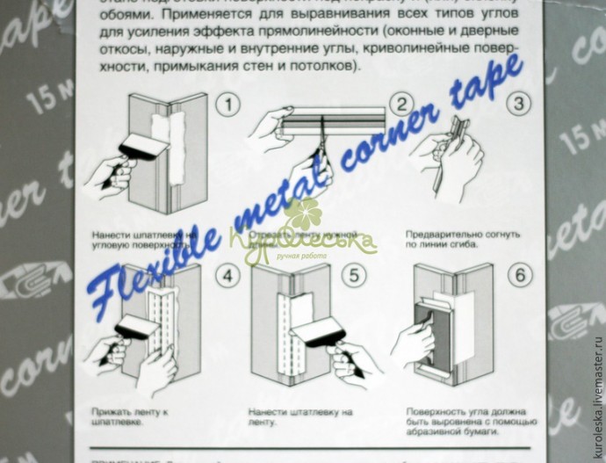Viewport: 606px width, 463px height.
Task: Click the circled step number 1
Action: [x=229, y=105]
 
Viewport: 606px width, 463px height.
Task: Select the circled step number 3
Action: [x=521, y=104]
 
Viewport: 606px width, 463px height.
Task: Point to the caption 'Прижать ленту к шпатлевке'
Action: [x=131, y=416]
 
